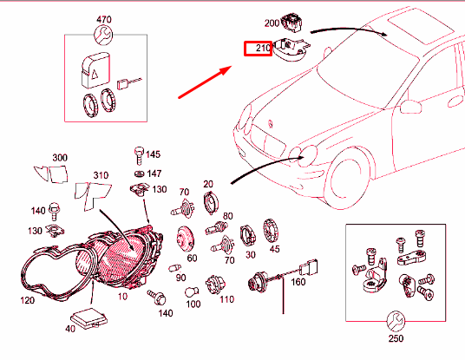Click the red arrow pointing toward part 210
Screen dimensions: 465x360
(205, 82)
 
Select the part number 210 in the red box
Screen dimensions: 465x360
(263, 48)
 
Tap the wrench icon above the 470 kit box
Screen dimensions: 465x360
(103, 35)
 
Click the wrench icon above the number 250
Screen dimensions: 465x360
(396, 321)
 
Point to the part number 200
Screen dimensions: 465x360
(272, 23)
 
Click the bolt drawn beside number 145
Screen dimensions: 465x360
(139, 155)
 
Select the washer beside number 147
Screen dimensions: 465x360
(139, 173)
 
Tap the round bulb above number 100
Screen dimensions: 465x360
(191, 292)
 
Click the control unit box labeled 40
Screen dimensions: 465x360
(89, 318)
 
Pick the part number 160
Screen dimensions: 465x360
(298, 282)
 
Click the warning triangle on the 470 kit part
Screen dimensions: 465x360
(95, 73)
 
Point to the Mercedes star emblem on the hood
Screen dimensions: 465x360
(271, 124)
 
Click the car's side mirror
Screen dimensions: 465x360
(410, 107)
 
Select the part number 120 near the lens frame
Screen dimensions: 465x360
(27, 300)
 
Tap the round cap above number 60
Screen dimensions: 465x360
(185, 239)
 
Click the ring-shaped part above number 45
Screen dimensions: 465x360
(271, 232)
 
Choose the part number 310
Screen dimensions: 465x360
(101, 175)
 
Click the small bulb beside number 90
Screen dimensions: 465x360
(174, 268)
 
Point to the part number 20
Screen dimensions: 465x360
(208, 184)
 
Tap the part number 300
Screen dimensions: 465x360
(60, 158)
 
